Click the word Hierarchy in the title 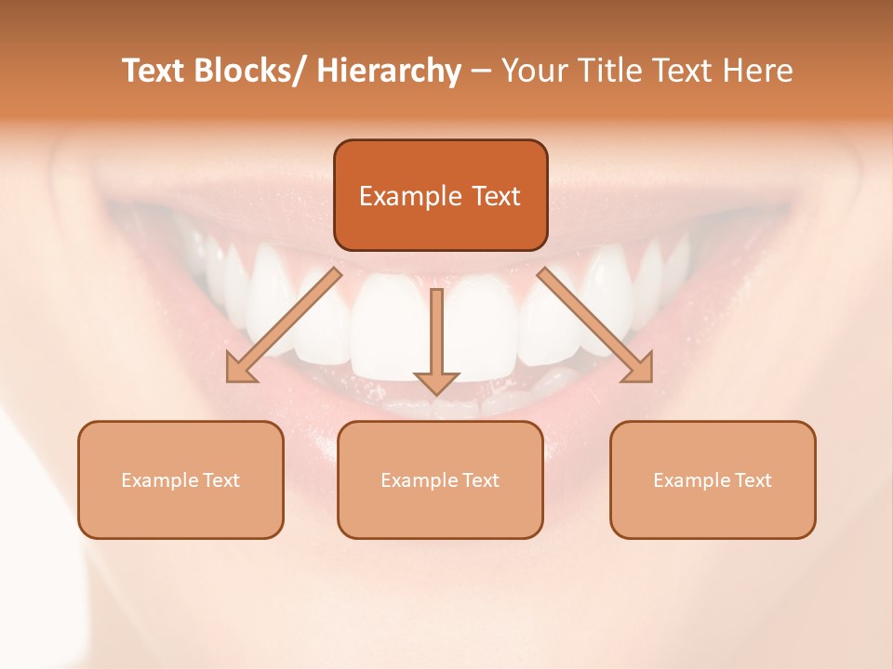[389, 72]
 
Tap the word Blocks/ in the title [249, 72]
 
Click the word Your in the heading [532, 72]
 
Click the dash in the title [481, 72]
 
